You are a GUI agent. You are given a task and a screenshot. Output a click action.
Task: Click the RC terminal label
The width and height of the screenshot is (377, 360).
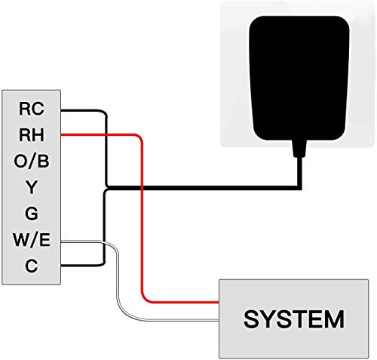(x=32, y=109)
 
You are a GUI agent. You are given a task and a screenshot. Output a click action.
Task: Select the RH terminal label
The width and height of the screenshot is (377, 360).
(x=32, y=135)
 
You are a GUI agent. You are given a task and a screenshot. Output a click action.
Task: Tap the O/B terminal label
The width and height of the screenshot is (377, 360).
(x=32, y=161)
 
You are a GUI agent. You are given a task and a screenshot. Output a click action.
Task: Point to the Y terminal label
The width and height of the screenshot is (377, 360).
(x=32, y=187)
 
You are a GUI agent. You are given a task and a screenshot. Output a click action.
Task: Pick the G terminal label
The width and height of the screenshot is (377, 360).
(x=32, y=214)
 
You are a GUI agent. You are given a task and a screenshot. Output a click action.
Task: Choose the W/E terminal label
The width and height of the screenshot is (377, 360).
(x=32, y=239)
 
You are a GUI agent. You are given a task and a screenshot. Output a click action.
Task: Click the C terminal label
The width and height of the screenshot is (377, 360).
(x=32, y=266)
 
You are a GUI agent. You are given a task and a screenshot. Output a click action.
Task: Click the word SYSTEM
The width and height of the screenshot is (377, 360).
(x=294, y=319)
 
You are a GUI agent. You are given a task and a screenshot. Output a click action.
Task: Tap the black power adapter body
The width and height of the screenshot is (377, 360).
(x=299, y=78)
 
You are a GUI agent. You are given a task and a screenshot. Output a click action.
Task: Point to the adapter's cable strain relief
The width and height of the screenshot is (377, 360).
(x=299, y=149)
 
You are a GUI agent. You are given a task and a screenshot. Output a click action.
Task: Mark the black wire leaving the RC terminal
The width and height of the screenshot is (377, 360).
(x=106, y=149)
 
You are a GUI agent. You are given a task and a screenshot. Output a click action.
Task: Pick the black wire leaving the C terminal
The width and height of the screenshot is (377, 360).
(x=104, y=226)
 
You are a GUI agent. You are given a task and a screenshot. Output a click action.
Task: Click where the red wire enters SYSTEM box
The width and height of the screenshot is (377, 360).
(x=219, y=302)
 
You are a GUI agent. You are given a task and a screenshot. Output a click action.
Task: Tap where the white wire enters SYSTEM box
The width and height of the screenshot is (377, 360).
(x=219, y=320)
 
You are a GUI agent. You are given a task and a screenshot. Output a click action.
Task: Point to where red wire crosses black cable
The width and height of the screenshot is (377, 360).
(x=142, y=188)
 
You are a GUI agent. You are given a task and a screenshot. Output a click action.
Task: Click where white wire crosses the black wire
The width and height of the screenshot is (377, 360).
(x=104, y=242)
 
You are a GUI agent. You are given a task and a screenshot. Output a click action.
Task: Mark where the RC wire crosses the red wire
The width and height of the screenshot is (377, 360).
(x=106, y=135)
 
